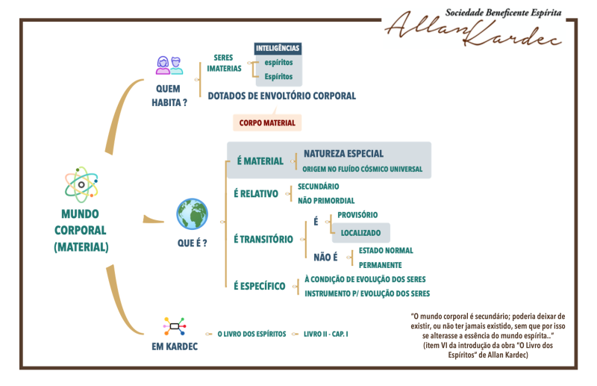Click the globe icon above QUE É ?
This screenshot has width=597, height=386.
193,214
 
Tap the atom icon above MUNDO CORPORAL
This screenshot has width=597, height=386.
81,185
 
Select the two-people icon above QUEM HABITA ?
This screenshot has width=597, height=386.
169,66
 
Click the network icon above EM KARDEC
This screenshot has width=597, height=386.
175,326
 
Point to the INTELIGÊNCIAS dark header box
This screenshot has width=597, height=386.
278,49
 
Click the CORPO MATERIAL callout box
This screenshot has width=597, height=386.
267,122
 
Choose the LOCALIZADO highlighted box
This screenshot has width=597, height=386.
360,233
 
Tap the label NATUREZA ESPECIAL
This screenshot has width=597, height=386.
343,154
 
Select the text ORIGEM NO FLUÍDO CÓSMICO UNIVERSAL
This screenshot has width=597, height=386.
363,169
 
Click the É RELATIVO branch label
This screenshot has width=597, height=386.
256,193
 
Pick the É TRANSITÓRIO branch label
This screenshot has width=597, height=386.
263,240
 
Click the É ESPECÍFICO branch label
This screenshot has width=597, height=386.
259,286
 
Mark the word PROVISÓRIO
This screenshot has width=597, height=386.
357,215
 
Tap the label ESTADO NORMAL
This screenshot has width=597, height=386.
386,250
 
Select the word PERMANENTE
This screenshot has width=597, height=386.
380,265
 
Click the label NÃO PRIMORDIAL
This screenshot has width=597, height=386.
326,200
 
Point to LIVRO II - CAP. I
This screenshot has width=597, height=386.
326,334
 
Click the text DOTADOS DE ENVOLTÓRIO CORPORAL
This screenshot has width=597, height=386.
282,96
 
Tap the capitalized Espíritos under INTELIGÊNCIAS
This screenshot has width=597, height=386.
278,77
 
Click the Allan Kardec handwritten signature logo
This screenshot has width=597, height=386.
474,28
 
